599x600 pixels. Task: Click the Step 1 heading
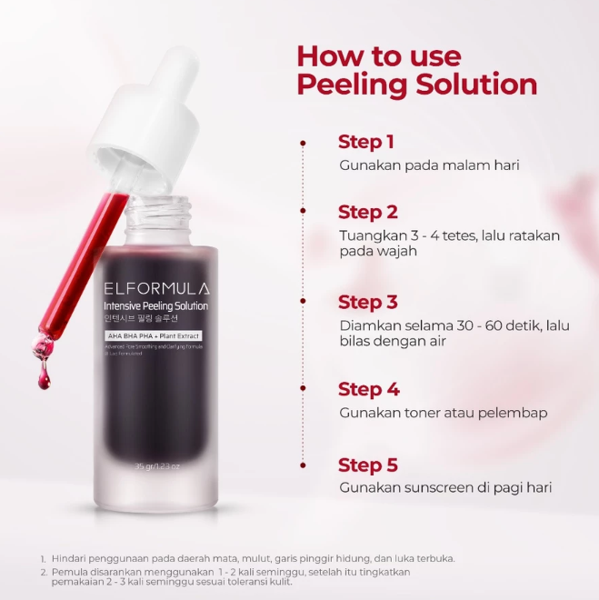click(x=366, y=142)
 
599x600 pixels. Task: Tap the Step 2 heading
click(x=368, y=212)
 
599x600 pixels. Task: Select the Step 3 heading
click(x=368, y=302)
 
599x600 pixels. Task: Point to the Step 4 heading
click(x=368, y=389)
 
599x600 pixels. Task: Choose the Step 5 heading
click(x=368, y=465)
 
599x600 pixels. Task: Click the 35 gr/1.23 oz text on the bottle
click(x=157, y=466)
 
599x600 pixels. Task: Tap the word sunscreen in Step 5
click(x=429, y=488)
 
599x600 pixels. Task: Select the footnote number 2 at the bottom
click(x=43, y=572)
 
